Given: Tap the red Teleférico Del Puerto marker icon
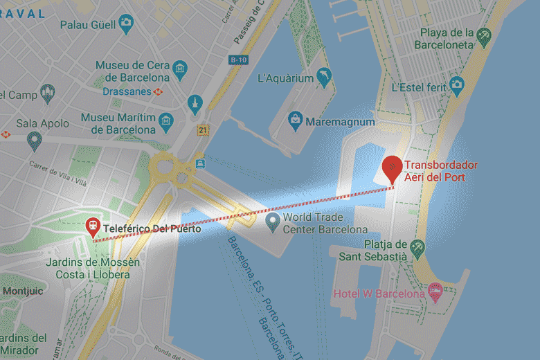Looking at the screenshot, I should click(92, 226).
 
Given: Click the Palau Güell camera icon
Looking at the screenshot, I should click(125, 24).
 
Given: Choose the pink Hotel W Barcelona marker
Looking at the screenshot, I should click(435, 291).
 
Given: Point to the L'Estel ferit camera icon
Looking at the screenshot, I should click(456, 86).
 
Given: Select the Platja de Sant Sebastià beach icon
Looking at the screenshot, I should click(417, 247).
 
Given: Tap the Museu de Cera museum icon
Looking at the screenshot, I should click(180, 69).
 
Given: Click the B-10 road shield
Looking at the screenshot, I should click(239, 60).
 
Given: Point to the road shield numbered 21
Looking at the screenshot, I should click(202, 129).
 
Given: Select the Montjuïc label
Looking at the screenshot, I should click(23, 291).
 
